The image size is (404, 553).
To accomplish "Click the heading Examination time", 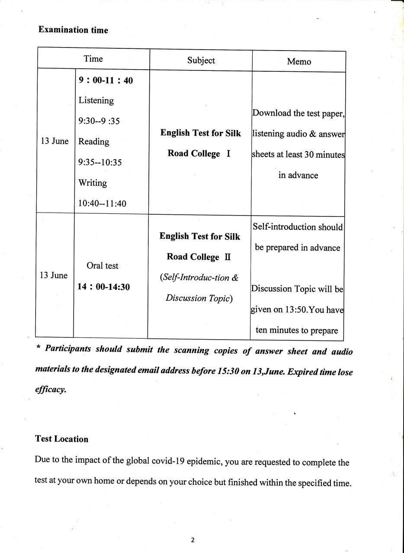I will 73,30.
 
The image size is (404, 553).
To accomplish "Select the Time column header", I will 93,59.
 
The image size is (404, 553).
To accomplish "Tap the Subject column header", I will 201,60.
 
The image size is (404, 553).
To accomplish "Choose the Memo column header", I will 299,61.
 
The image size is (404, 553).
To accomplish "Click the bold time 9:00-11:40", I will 106,80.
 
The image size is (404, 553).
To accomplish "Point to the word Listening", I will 96,100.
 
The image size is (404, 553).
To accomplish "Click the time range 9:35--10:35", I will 100,162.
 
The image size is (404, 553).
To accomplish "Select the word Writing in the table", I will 93,183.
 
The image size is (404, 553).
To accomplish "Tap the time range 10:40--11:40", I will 102,203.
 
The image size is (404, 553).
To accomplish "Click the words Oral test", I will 102,266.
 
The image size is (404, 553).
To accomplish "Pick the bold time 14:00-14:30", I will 104,286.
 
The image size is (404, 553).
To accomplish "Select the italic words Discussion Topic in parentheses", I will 197,298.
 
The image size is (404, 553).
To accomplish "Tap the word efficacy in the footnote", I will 50,389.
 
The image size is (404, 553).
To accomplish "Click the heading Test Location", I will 61,439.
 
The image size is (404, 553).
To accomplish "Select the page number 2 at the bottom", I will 193,540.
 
